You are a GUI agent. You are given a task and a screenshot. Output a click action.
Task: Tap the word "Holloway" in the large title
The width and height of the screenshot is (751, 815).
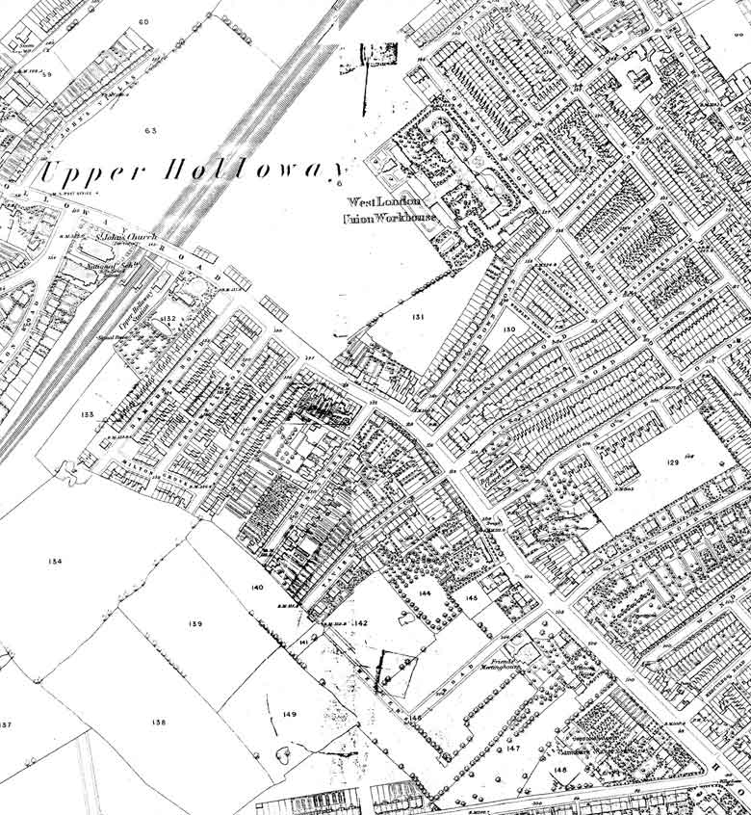tap(255, 172)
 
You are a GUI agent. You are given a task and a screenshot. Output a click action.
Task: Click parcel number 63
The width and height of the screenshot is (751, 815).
tap(149, 129)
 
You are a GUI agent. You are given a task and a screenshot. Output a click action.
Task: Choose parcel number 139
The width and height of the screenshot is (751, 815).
tap(195, 624)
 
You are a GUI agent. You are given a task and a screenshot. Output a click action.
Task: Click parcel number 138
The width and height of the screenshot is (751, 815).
tap(160, 722)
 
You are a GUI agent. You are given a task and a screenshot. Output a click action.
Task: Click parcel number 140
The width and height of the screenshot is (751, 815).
tap(256, 588)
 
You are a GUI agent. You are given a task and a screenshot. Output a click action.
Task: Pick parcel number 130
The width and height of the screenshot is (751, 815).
tap(508, 329)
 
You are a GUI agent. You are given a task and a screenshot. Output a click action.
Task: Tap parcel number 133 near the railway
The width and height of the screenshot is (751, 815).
tap(88, 414)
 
